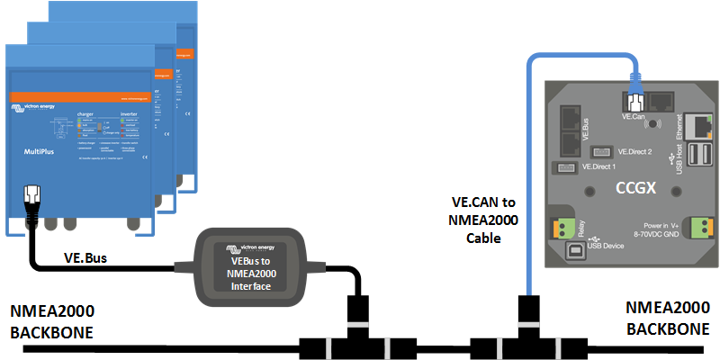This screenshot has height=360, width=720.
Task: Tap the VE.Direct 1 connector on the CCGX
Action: tap(566, 168)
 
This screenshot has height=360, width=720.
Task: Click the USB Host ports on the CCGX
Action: tap(698, 159)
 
